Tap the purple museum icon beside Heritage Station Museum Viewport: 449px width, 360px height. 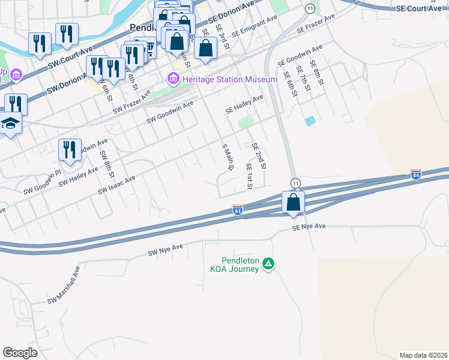click(173, 78)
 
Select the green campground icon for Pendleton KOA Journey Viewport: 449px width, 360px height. click(270, 263)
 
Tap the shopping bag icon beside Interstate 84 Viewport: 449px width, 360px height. click(293, 203)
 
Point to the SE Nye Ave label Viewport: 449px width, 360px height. click(309, 227)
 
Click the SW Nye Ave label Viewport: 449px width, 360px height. click(165, 250)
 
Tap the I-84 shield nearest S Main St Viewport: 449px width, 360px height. click(238, 210)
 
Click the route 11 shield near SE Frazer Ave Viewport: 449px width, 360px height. click(309, 8)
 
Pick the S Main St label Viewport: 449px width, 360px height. click(227, 157)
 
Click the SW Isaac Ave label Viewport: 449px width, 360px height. click(117, 184)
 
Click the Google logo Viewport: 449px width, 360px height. click(20, 353)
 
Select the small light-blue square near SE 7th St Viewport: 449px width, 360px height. click(310, 121)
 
